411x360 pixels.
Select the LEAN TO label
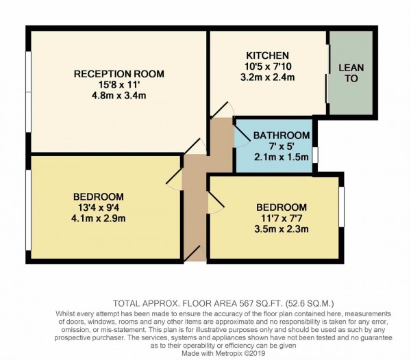coord(351,73)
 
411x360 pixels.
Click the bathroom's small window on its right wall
coord(316,154)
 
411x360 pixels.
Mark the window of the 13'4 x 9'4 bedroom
coord(27,209)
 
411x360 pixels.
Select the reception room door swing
coord(195,145)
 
